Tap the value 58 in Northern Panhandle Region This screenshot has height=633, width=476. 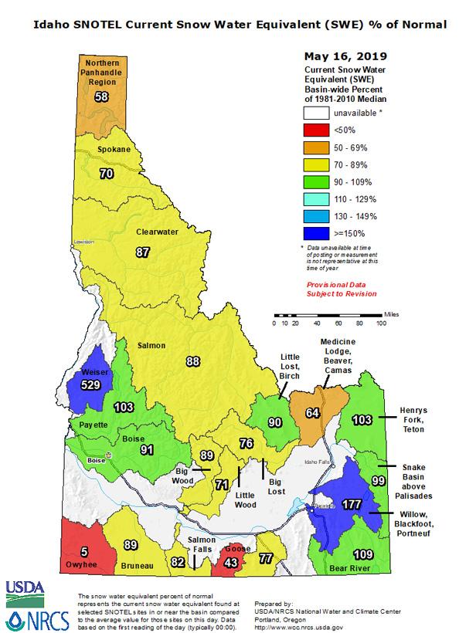point(101,96)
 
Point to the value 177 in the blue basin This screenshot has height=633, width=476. point(351,505)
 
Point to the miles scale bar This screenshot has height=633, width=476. point(328,315)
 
